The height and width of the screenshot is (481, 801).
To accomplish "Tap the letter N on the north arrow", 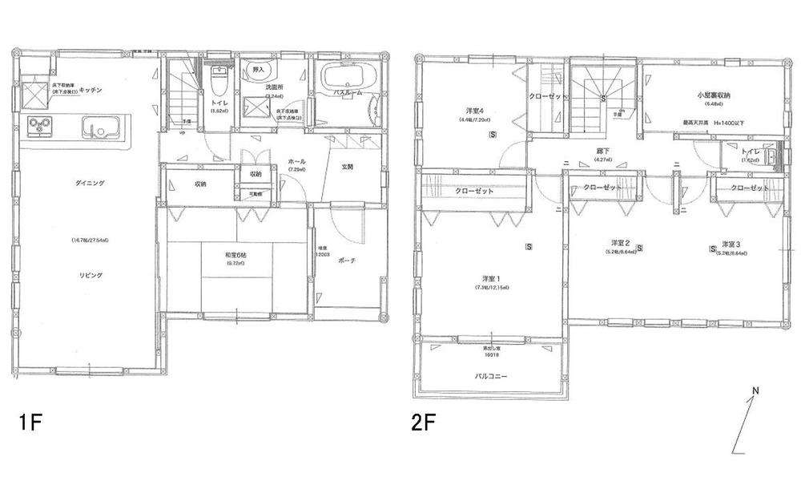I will pyautogui.click(x=755, y=393).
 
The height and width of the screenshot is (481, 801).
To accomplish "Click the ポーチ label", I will pyautogui.click(x=347, y=261).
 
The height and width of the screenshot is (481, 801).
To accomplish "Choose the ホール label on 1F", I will pyautogui.click(x=297, y=161).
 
